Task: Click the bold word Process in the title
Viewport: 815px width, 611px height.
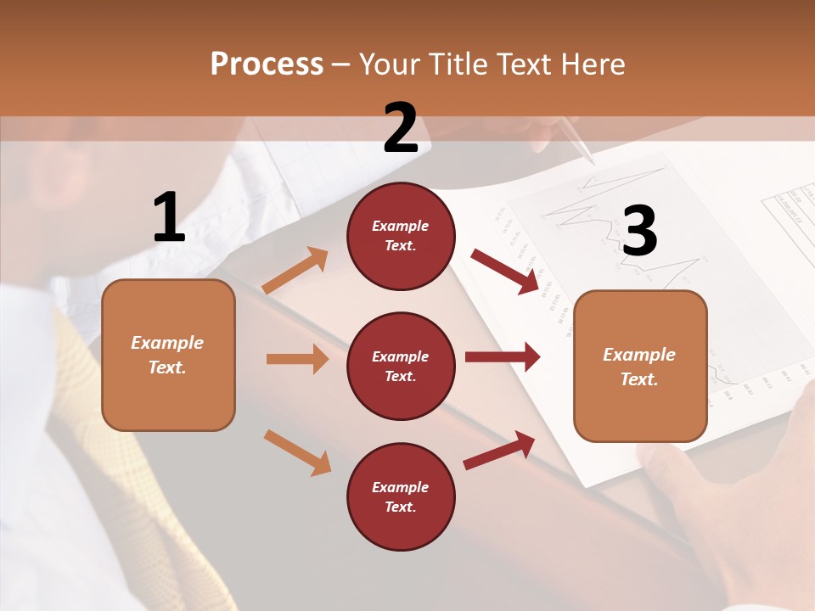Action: point(267,64)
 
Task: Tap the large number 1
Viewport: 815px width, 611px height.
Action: point(169,217)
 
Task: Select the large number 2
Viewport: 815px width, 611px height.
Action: point(401,128)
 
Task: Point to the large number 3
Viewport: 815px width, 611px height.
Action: point(639,231)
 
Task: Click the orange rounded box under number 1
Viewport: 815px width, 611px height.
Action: point(168,355)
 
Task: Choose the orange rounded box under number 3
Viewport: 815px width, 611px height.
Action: point(640,366)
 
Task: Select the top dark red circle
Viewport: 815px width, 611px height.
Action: point(401,236)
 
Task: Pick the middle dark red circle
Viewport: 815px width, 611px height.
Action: point(401,366)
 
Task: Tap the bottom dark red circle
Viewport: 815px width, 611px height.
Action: point(401,496)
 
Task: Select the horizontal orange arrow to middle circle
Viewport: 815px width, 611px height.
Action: point(297,359)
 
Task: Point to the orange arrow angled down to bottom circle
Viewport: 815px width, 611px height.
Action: point(297,451)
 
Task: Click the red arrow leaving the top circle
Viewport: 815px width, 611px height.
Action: point(505,271)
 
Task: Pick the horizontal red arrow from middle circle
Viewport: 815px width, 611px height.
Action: point(503,357)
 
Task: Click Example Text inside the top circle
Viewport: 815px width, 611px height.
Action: point(401,236)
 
